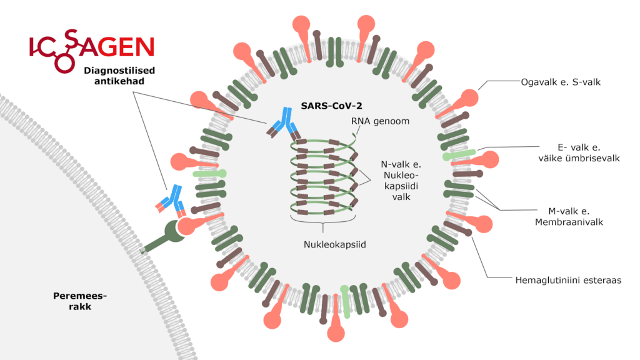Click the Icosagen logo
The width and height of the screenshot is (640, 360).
tap(91, 47)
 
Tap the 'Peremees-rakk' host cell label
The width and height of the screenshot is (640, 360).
tap(76, 301)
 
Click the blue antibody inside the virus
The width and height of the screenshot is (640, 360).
tap(285, 123)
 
